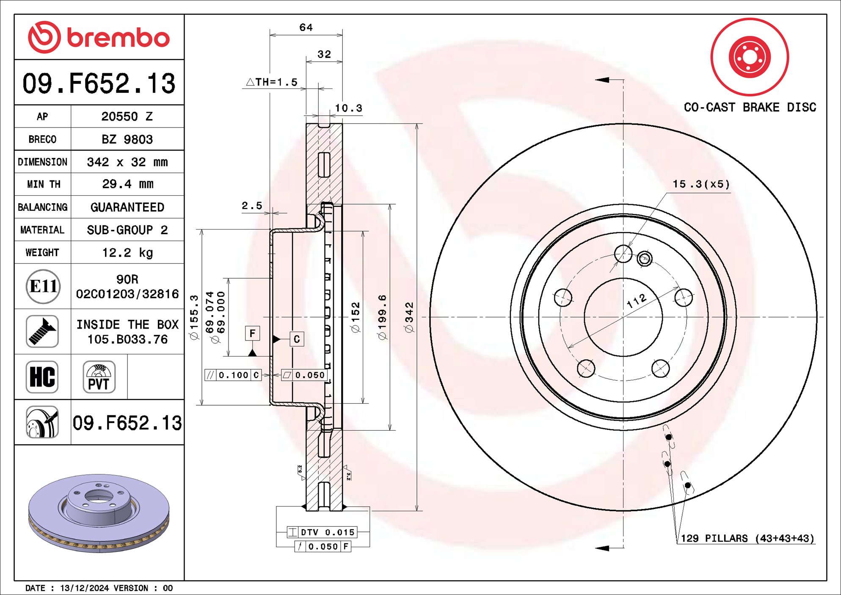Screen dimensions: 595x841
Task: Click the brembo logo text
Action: [118, 38]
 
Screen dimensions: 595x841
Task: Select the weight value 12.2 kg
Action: [127, 253]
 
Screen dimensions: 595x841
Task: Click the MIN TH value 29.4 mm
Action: [127, 184]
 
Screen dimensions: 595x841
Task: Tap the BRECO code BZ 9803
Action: [127, 139]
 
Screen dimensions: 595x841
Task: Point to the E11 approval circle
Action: [43, 287]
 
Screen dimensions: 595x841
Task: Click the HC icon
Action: [42, 377]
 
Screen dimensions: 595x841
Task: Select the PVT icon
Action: [99, 377]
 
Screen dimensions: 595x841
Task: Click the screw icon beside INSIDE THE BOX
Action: [42, 332]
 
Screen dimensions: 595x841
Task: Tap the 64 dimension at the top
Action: [306, 28]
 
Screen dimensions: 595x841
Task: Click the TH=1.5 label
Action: [273, 82]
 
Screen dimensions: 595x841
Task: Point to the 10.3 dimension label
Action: [348, 108]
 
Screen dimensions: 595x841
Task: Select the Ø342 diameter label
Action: [409, 317]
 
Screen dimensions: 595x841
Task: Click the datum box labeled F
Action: [252, 333]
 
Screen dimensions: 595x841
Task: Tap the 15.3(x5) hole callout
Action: [701, 184]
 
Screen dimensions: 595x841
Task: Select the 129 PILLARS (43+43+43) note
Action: [747, 538]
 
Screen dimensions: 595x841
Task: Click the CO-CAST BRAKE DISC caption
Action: [750, 107]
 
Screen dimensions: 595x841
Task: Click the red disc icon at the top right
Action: [749, 57]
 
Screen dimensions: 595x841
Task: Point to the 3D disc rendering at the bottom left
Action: [99, 513]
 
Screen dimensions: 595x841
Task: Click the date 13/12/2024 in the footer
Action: [84, 588]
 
